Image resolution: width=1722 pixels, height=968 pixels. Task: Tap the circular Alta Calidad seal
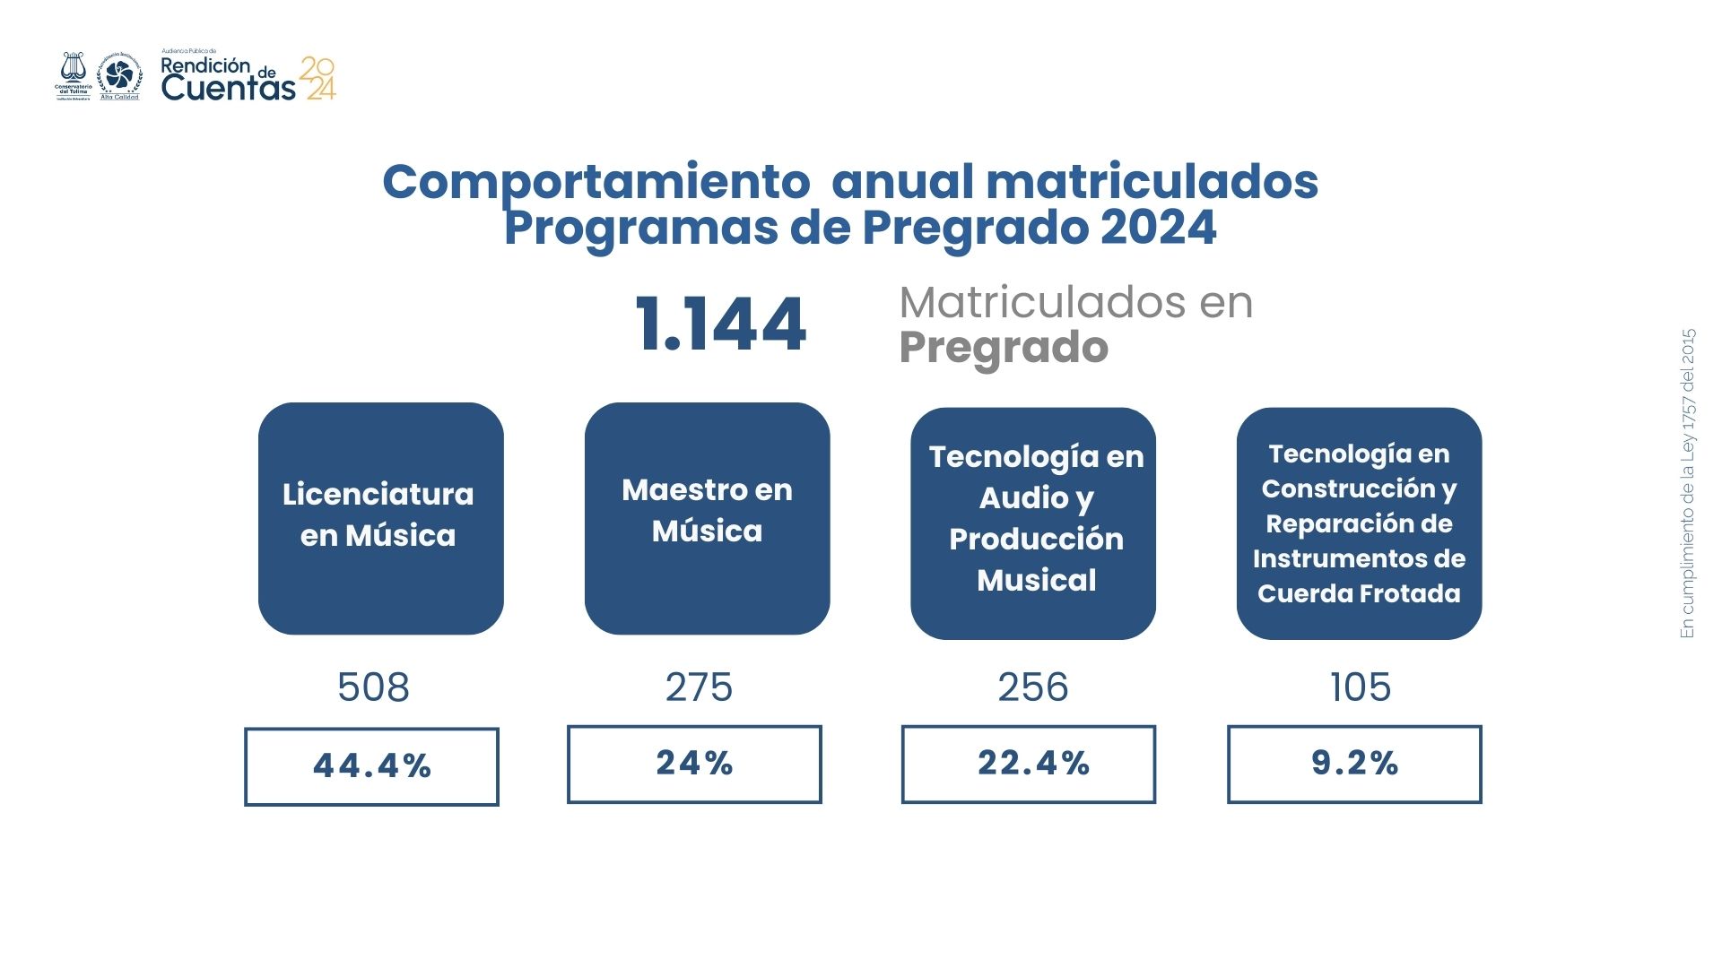119,75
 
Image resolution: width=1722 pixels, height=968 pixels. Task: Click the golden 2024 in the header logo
317,78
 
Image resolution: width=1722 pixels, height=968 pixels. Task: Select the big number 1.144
720,324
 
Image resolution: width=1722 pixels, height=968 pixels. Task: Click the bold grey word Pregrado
1004,348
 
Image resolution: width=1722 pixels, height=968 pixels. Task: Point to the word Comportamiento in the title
596,182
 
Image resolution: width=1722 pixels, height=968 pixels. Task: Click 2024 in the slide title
1158,228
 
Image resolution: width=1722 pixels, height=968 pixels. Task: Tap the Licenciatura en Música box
380,518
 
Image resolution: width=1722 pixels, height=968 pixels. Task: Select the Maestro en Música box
707,518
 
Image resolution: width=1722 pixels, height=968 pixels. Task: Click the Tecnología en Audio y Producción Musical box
1033,523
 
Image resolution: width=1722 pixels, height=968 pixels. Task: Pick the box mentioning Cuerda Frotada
1359,523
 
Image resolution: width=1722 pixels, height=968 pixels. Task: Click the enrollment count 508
373,687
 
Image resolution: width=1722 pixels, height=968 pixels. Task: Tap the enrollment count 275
699,687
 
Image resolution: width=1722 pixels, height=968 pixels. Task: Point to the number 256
1033,687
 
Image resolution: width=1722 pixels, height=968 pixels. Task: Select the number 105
1361,687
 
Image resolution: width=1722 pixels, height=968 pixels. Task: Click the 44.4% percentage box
371,766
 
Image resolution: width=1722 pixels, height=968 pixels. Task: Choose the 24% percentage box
694,764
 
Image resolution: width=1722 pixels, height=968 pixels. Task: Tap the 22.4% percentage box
1029,764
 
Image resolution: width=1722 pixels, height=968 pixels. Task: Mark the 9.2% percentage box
1354,764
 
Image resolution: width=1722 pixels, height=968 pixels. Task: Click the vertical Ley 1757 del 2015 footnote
1688,484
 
